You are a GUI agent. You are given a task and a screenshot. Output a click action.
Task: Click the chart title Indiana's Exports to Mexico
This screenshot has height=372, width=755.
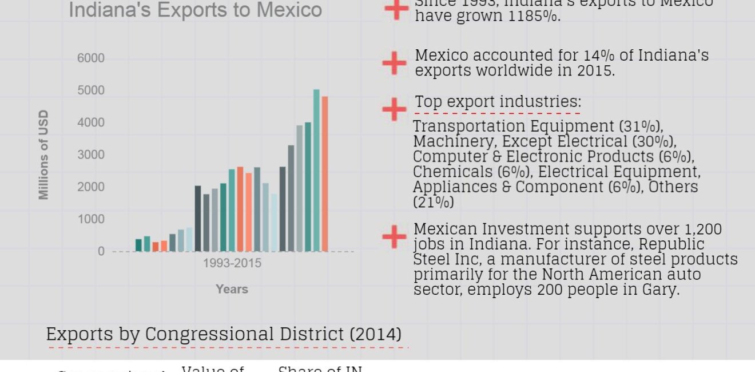coord(195,10)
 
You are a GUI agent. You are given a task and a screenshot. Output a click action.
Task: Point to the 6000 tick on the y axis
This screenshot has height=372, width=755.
coord(91,58)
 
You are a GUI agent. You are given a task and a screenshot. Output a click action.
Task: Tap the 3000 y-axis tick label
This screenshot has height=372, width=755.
coord(91,155)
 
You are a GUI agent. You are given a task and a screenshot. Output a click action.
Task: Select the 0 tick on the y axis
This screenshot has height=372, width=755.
coord(101,251)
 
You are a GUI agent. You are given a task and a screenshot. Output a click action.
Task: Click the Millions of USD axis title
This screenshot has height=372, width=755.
coord(44,155)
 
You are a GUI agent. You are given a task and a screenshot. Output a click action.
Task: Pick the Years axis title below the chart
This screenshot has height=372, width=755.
coord(232,289)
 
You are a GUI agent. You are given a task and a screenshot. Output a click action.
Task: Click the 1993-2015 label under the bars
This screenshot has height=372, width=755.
coord(232,264)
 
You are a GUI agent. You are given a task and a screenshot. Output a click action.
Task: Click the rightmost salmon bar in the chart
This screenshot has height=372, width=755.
coord(325,173)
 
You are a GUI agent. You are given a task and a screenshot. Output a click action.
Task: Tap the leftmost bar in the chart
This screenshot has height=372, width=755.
coord(138,245)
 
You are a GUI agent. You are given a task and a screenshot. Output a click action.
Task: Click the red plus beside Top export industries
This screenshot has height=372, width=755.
coord(394,109)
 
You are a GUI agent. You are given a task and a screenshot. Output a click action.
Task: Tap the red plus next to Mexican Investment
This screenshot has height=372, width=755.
coord(394,236)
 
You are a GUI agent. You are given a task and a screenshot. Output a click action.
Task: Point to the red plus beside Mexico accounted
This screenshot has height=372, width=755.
coord(394,62)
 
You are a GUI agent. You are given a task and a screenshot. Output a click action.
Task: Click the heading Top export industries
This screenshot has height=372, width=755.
coord(498,101)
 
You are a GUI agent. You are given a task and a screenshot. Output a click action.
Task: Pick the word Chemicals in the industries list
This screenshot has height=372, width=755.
coord(444,172)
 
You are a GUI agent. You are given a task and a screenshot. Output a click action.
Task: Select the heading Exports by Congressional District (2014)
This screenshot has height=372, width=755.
coord(224,334)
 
